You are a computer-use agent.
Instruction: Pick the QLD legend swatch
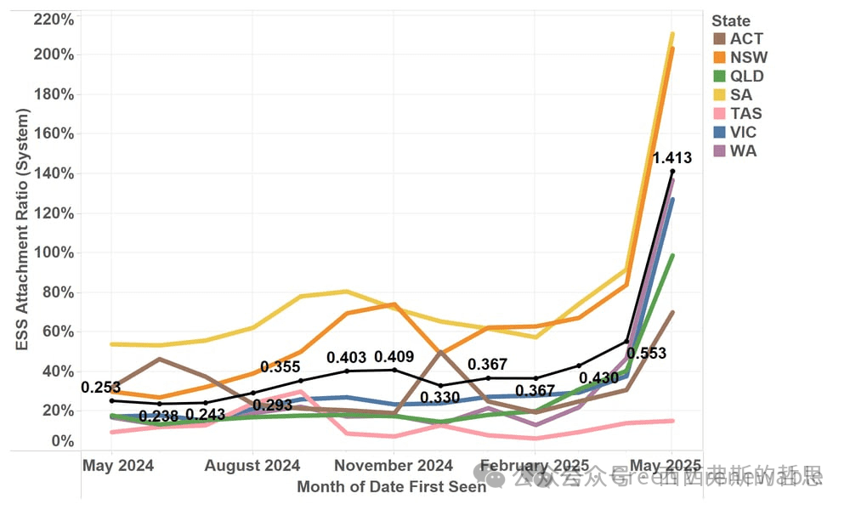point(719,76)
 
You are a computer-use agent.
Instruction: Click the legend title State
point(731,21)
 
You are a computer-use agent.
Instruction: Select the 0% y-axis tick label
point(62,441)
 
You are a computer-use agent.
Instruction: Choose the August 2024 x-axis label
point(253,466)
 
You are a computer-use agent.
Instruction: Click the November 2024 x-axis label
point(393,466)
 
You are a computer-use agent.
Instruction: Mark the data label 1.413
point(671,157)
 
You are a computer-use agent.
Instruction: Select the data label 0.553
point(646,354)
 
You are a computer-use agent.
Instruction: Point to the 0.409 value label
point(394,357)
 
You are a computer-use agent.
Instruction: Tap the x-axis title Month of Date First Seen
point(391,486)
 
